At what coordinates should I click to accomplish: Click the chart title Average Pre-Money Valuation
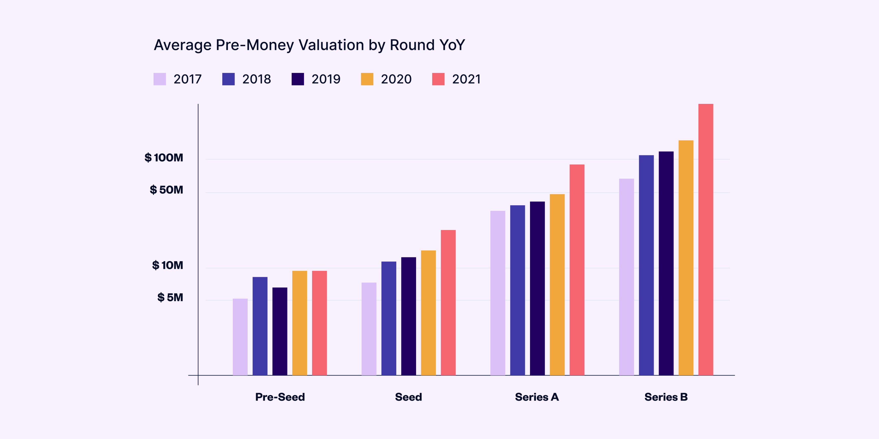[x=309, y=45]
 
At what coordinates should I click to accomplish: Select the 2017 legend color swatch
[x=160, y=79]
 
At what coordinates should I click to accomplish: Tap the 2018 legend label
[x=256, y=79]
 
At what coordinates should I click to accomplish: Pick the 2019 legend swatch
[x=298, y=79]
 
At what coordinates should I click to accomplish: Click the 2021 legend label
[x=466, y=79]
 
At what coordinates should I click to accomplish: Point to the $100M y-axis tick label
[x=164, y=158]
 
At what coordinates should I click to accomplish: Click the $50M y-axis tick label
[x=167, y=190]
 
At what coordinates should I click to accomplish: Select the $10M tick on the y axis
[x=168, y=265]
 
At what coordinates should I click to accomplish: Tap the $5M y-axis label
[x=170, y=297]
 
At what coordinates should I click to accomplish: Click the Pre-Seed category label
[x=280, y=397]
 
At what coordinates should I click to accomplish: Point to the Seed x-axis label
[x=408, y=397]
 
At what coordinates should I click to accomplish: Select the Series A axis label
[x=537, y=397]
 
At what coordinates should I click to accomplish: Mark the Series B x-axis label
[x=666, y=397]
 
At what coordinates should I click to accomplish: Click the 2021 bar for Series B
[x=706, y=239]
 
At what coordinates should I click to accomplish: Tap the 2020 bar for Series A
[x=557, y=285]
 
